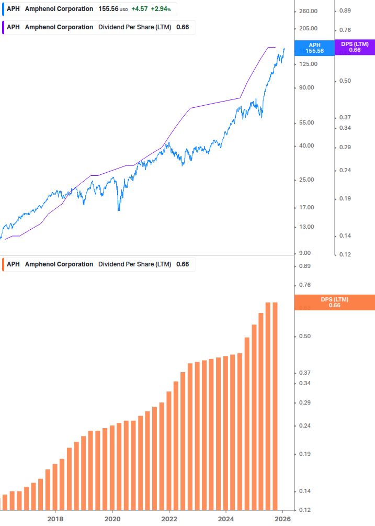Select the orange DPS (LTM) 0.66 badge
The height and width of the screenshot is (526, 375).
[x=334, y=302]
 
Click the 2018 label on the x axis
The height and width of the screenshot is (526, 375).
[x=55, y=519]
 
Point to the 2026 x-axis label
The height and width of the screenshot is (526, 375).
[x=282, y=519]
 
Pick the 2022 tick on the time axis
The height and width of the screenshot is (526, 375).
[x=169, y=519]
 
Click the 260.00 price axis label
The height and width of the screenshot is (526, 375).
[x=308, y=11]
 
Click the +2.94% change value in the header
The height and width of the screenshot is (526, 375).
[x=161, y=9]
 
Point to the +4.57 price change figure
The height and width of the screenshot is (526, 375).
[x=139, y=9]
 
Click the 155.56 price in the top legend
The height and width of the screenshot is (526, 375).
[x=108, y=9]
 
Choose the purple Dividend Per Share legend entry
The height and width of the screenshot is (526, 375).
[x=99, y=27]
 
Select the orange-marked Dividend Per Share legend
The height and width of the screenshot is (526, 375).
[x=99, y=264]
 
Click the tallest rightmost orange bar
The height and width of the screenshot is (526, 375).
[x=275, y=406]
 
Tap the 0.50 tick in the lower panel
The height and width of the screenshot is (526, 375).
[x=304, y=336]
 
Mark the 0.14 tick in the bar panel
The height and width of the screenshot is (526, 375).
[x=304, y=491]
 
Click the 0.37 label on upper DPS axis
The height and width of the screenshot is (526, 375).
[x=345, y=117]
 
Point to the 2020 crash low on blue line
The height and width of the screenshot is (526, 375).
[x=119, y=210]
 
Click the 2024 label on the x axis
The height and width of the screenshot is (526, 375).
[x=226, y=519]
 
